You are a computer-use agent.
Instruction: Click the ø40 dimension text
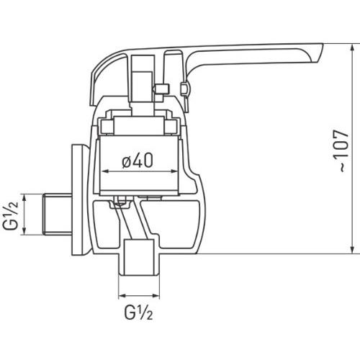[x=138, y=161]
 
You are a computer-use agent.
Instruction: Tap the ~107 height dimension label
[x=342, y=151]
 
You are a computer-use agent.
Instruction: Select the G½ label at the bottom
[x=138, y=312]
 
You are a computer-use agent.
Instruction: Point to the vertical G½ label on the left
[x=10, y=215]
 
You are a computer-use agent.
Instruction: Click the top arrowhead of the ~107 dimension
[x=352, y=47]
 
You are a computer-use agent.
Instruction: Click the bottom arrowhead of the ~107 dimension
[x=352, y=250]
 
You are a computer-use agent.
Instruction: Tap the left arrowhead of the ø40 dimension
[x=105, y=171]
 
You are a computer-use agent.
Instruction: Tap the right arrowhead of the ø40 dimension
[x=174, y=171]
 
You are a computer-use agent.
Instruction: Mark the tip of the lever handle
[x=323, y=44]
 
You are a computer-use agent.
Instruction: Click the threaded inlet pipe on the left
[x=58, y=215]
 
